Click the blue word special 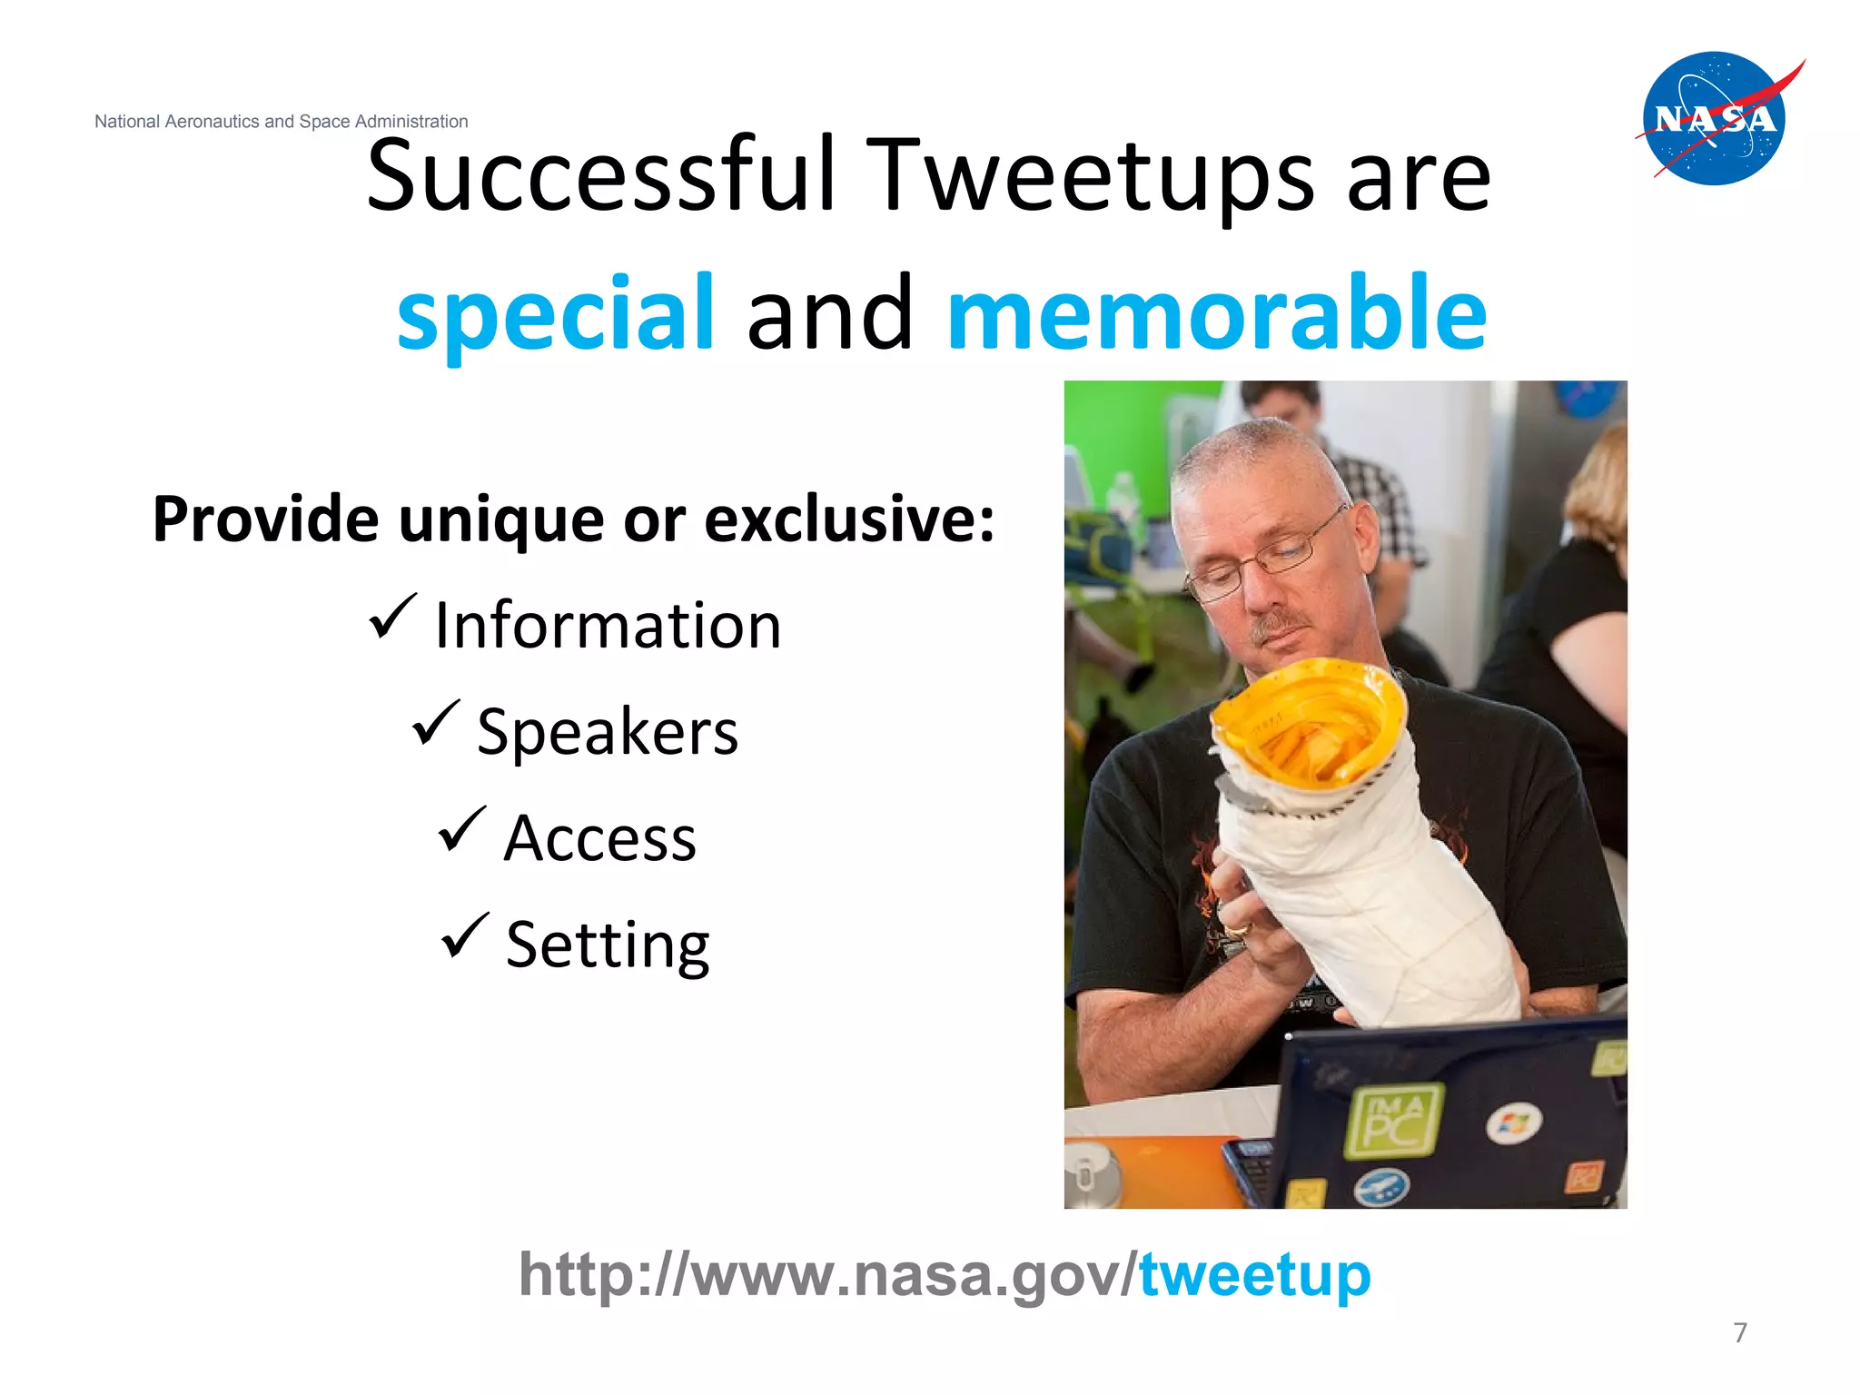click(x=555, y=313)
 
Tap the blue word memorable click(x=1216, y=313)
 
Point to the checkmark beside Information click(x=392, y=617)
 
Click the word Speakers click(x=607, y=732)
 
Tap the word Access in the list click(x=599, y=838)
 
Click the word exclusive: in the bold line click(x=848, y=520)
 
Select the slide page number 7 click(x=1739, y=1332)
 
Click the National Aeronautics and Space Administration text click(x=281, y=122)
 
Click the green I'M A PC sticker click(x=1393, y=1121)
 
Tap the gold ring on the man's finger click(x=1238, y=930)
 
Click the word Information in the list click(x=607, y=626)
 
